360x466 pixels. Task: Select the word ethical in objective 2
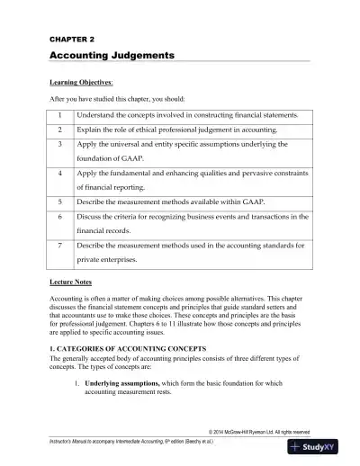(157, 130)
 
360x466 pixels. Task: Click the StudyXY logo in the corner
(325, 448)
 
